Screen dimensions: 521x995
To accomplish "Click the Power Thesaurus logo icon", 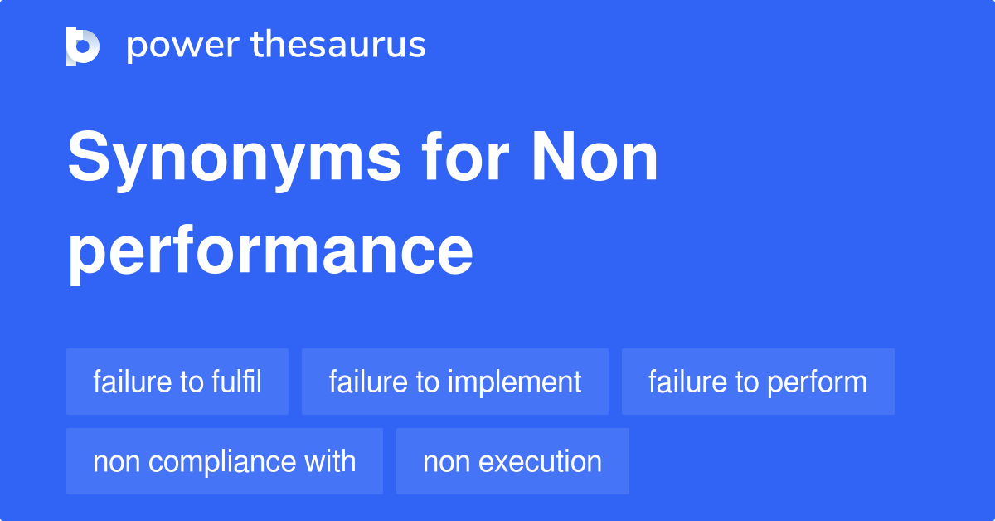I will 83,46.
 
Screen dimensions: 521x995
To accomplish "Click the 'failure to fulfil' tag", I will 177,382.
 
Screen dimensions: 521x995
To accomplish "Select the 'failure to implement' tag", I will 455,382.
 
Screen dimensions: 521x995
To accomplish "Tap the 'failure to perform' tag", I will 758,382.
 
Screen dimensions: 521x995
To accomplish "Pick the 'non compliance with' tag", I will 225,461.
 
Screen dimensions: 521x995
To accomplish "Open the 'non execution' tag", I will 512,461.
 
